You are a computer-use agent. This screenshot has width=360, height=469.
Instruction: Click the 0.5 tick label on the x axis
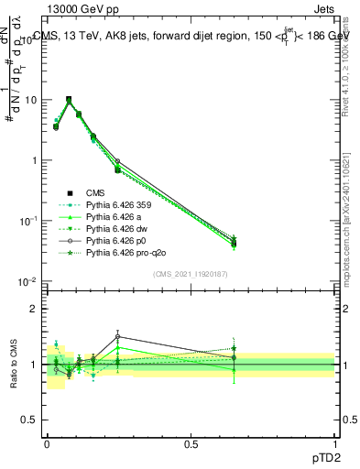click(x=191, y=442)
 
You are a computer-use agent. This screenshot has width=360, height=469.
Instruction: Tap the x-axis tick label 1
click(x=334, y=442)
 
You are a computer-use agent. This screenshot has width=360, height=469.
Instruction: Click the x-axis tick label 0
click(x=47, y=442)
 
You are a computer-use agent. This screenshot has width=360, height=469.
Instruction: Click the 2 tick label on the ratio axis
click(x=35, y=309)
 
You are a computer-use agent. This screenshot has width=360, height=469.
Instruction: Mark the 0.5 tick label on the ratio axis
click(x=31, y=422)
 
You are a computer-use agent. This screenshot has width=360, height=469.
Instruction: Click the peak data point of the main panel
click(x=69, y=99)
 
